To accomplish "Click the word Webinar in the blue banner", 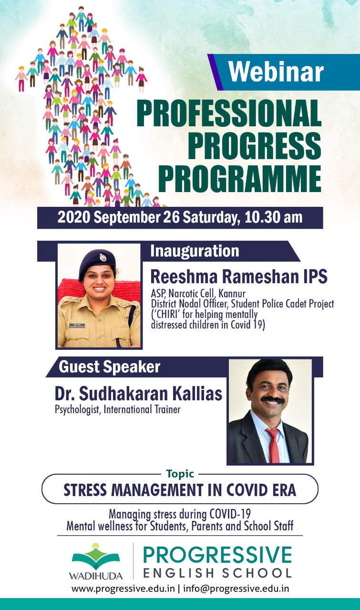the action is tap(276, 71).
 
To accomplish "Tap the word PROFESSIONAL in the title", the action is tap(229, 113).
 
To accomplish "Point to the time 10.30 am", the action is tap(273, 217).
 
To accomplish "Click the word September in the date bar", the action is tap(127, 218).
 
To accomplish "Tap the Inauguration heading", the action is tap(195, 251).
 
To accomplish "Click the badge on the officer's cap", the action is tap(103, 257).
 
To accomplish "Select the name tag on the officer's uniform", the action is tap(77, 325).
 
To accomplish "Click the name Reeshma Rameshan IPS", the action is tap(239, 276).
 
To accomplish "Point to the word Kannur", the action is tap(232, 294).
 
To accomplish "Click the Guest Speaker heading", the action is tap(109, 366).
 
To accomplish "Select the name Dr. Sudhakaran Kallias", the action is tap(138, 394).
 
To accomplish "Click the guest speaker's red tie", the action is tap(273, 445).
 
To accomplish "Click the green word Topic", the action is tap(180, 474).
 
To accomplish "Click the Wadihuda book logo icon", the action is tap(96, 556).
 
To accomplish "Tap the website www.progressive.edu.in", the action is tap(123, 588).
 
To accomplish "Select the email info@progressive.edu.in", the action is tap(236, 588).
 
